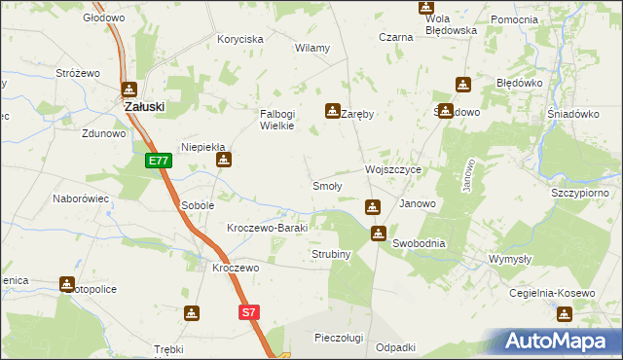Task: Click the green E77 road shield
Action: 160,162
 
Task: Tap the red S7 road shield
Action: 250,312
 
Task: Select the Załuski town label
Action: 143,106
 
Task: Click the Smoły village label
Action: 326,186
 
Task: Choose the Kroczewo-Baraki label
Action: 267,228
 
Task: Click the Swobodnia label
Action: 419,243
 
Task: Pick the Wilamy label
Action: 312,48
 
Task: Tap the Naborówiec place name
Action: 80,198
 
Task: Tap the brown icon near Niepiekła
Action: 224,161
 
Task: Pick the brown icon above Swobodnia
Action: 379,234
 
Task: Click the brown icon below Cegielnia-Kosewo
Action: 564,313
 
